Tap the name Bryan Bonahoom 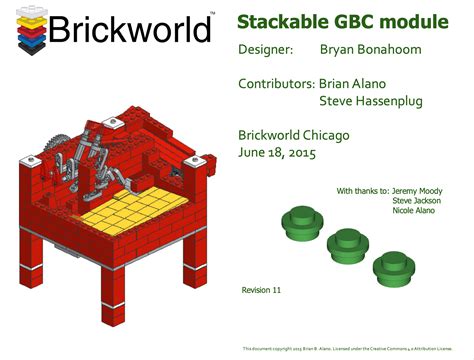[x=369, y=48]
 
